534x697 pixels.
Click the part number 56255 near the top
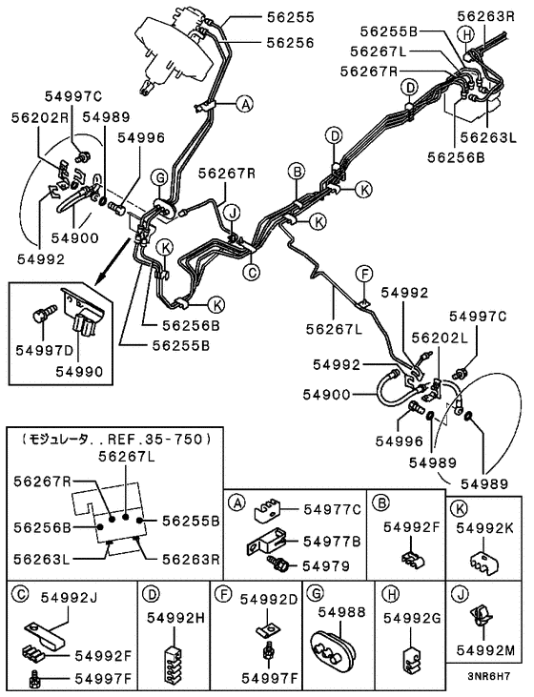289,17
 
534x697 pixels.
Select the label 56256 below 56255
289,41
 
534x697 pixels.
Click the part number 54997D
39,350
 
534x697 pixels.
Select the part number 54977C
333,508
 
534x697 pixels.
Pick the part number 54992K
485,526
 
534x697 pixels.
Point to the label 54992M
490,651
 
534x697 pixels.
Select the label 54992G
413,617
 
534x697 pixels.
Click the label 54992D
268,599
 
